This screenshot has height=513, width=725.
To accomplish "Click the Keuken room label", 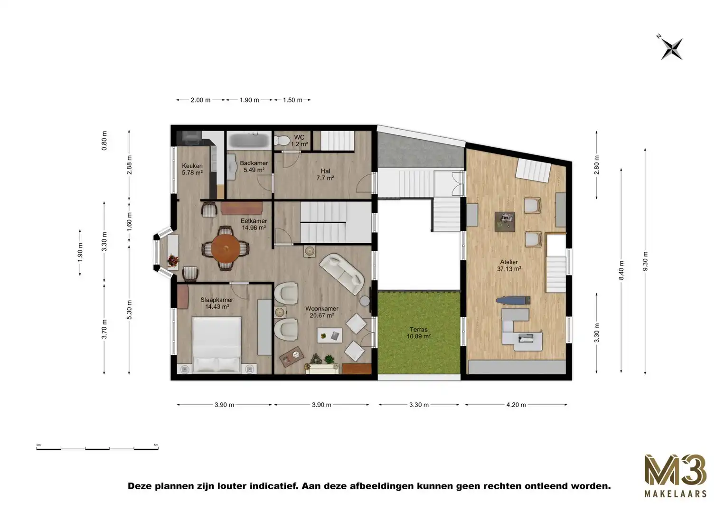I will coord(192,169).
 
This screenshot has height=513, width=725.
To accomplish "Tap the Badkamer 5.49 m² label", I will coord(254,166).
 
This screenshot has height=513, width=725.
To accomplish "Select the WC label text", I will coord(299,141).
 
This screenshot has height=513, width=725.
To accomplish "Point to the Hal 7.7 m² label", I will coord(325,174).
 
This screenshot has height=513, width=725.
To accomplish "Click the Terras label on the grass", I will coord(418,332).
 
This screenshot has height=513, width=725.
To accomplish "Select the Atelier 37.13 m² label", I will coord(509,265).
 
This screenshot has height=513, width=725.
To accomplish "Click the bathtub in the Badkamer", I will coord(249,141).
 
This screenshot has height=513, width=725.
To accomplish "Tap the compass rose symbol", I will coord(671,48).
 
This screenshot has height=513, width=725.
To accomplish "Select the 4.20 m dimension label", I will coord(516,405).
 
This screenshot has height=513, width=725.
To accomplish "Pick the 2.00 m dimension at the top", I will coord(200,100).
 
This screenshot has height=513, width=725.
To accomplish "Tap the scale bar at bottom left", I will coord(97,447).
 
